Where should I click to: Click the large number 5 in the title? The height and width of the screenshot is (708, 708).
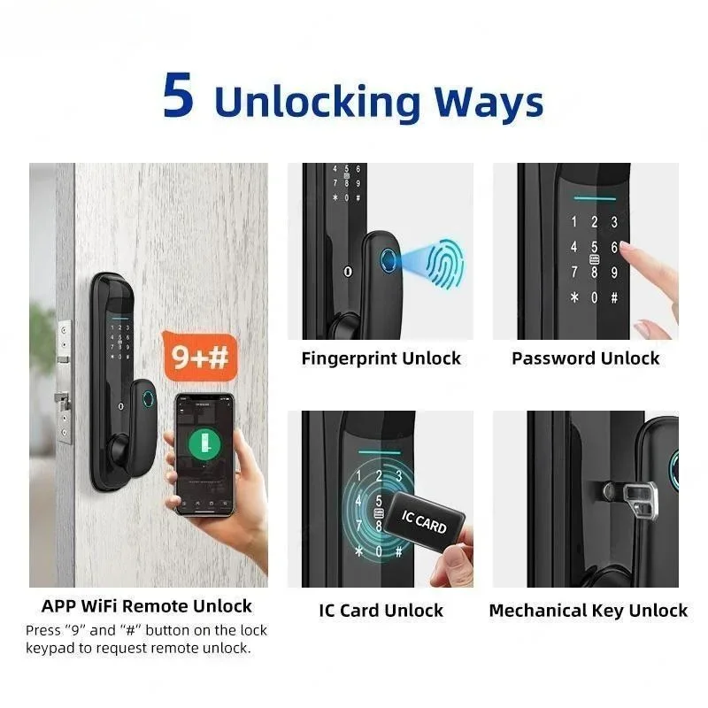click(x=179, y=96)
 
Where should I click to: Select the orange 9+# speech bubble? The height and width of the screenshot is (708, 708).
click(x=200, y=357)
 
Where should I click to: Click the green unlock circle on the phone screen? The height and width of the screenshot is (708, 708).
click(x=204, y=444)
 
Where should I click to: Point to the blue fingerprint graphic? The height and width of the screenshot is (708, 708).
click(x=445, y=263)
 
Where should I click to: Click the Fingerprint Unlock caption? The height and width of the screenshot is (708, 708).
click(x=381, y=358)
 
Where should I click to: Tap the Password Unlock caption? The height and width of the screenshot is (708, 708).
click(x=586, y=358)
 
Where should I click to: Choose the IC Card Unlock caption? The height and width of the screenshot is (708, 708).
click(x=381, y=611)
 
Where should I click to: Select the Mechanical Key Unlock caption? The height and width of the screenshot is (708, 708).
click(x=589, y=611)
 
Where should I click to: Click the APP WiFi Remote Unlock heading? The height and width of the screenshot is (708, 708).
click(x=147, y=606)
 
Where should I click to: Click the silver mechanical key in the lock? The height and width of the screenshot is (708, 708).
click(x=640, y=499)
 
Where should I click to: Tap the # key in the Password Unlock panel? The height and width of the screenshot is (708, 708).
click(x=614, y=297)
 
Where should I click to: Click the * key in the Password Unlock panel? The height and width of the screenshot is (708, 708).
click(x=573, y=297)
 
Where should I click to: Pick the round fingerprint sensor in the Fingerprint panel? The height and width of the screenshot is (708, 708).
click(x=388, y=260)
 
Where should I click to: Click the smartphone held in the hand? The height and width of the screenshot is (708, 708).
click(x=205, y=454)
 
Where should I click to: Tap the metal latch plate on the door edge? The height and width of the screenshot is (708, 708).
click(x=65, y=382)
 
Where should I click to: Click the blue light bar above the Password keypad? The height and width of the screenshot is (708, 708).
click(x=595, y=198)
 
